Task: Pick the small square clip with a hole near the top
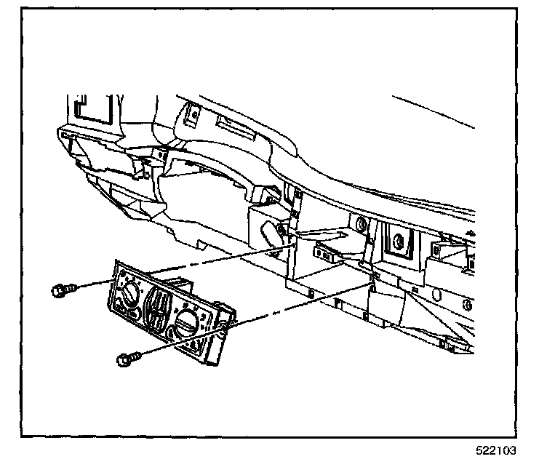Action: (x=193, y=113)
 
